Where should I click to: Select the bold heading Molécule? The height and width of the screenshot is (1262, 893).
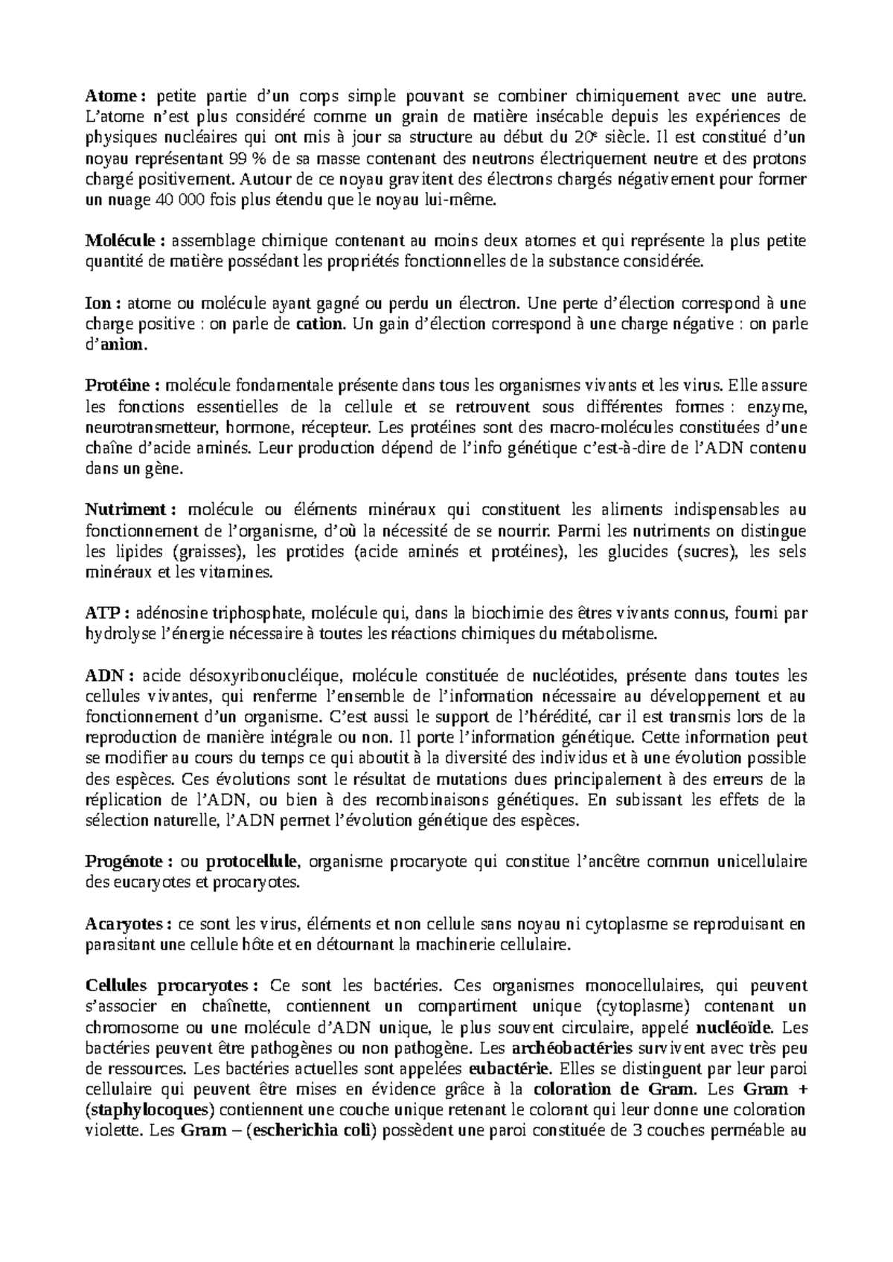(121, 240)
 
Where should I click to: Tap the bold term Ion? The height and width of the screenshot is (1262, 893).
(97, 303)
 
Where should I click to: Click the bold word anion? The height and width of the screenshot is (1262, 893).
(124, 345)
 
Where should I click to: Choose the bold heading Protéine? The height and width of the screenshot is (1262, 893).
(118, 385)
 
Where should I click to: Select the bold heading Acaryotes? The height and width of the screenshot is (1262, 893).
(124, 924)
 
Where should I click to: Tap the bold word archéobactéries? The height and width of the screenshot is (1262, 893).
(572, 1048)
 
